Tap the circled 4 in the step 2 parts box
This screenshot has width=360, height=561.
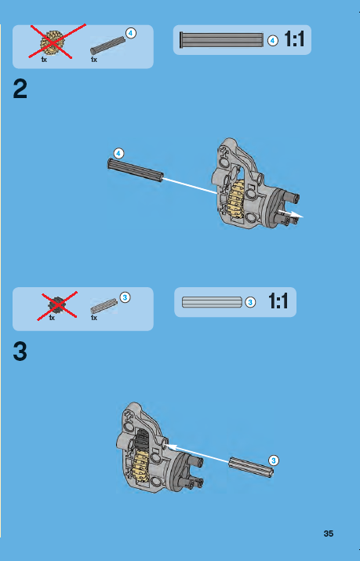(x=130, y=33)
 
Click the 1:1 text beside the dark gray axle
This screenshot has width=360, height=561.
(x=293, y=39)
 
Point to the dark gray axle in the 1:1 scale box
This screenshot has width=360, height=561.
(x=222, y=39)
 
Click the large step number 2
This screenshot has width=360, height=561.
(x=21, y=89)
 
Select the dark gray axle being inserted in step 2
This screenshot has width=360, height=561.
(x=135, y=170)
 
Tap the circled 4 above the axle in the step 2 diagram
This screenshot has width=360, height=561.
(x=118, y=151)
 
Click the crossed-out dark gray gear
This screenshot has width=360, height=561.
(x=56, y=305)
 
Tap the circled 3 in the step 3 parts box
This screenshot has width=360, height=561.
(x=125, y=296)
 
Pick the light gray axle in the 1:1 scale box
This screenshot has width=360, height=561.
(x=211, y=301)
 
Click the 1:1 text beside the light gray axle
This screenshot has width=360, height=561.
(x=279, y=301)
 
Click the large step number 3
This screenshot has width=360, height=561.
(x=21, y=352)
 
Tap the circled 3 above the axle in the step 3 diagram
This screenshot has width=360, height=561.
(x=273, y=458)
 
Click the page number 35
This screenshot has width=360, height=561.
(x=329, y=534)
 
